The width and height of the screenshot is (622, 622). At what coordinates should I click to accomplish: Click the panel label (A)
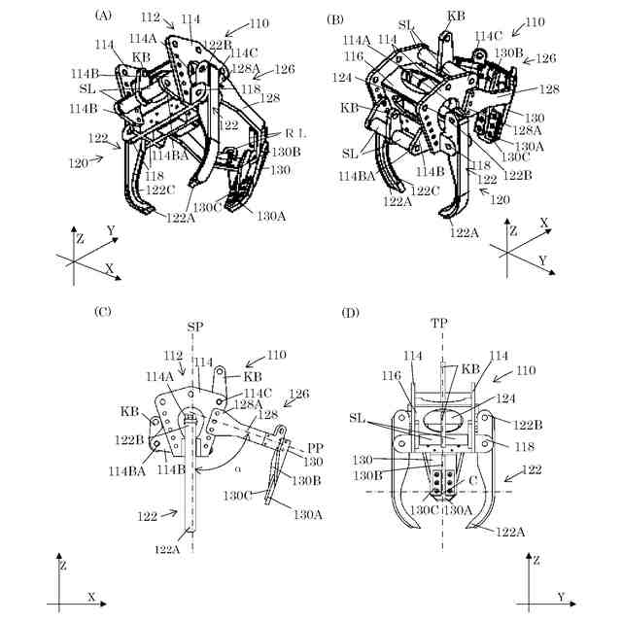(103, 16)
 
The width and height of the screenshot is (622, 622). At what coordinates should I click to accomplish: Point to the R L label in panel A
(297, 131)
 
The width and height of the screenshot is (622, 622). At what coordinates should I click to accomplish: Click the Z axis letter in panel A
(79, 236)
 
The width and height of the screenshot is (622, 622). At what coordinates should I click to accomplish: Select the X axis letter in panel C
(91, 596)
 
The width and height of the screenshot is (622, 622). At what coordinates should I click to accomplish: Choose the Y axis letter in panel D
(560, 596)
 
